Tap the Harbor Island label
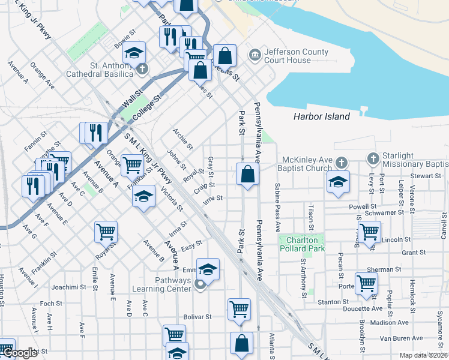coord(322,116)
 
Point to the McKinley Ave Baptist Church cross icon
coord(341,163)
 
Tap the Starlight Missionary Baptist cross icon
coord(373,159)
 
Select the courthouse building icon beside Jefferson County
coord(255,55)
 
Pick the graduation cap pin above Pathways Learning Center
coord(208,269)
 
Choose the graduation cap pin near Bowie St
coord(136,52)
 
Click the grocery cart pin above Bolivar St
coord(239,309)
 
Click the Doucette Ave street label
coord(363,309)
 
